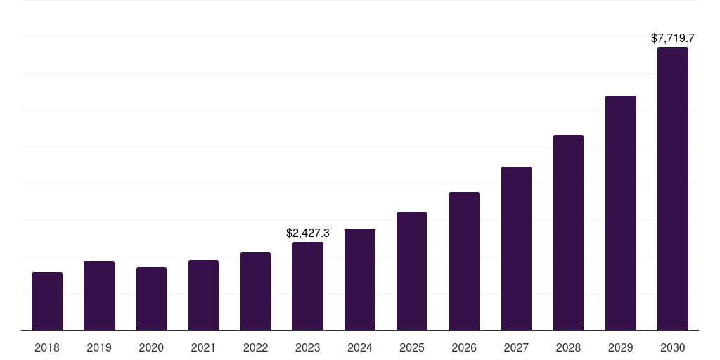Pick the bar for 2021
point(203,295)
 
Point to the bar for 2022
point(255,291)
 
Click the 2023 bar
point(308,286)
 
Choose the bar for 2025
point(412,271)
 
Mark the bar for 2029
point(621,213)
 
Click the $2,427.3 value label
point(308,233)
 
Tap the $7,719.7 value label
point(673,38)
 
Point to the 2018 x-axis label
point(47,347)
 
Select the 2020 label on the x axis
point(151,347)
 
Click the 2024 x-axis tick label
point(360,347)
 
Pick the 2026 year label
point(464,347)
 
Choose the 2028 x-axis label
point(568,347)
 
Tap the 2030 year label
point(673,347)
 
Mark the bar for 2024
point(360,279)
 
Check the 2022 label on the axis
point(255,347)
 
